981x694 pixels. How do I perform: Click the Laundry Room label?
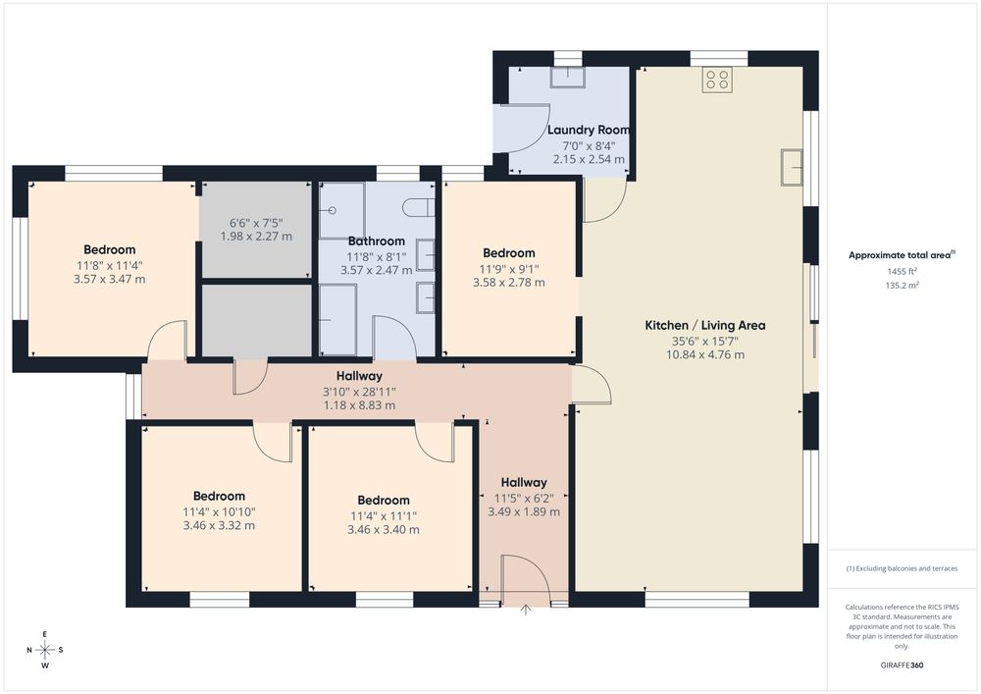[588, 131]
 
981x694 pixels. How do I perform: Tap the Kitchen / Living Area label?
[705, 326]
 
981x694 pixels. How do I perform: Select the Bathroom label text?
[376, 240]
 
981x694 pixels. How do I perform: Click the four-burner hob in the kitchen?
[717, 80]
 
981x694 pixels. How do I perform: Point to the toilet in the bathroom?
[419, 207]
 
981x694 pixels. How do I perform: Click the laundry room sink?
[568, 78]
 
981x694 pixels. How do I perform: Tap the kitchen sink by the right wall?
[792, 167]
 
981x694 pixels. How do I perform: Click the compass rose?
[45, 650]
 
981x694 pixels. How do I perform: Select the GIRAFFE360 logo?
[902, 666]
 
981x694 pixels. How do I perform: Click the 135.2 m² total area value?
[902, 286]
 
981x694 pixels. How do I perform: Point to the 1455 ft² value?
[902, 272]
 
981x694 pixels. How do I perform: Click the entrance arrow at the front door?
[526, 610]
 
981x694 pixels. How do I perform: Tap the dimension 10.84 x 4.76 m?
[705, 354]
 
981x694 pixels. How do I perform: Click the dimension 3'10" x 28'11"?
[359, 392]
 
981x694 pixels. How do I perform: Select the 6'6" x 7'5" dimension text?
[256, 223]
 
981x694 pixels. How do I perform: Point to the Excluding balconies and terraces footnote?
[902, 568]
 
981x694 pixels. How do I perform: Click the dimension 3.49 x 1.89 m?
[524, 511]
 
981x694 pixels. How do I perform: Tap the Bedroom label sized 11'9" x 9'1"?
[508, 253]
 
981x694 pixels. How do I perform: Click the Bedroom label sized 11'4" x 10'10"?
[219, 497]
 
